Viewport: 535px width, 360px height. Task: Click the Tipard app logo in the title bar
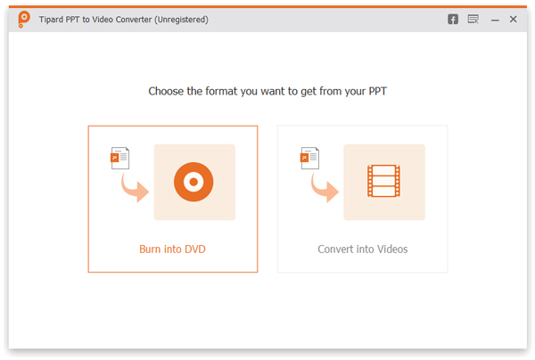[x=24, y=19]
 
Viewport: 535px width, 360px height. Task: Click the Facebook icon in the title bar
[x=453, y=20]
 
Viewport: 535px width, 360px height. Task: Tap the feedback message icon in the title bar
[x=473, y=19]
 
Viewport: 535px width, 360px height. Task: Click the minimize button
[x=495, y=20]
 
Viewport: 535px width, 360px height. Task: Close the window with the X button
[x=514, y=19]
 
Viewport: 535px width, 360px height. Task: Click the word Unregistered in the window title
[x=182, y=20]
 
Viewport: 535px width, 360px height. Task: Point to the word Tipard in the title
[x=51, y=20]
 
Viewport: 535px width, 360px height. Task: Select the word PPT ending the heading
[x=378, y=91]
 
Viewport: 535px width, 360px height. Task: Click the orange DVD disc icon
[x=193, y=182]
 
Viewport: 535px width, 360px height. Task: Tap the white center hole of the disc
[x=193, y=182]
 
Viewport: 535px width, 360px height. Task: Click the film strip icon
[x=383, y=181]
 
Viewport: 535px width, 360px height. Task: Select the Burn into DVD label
[x=172, y=250]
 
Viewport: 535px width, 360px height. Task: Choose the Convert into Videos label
[x=363, y=250]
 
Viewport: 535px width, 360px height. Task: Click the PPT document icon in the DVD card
[x=119, y=158]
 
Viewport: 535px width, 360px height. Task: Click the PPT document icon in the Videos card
[x=309, y=158]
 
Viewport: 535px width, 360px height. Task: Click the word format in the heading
[x=221, y=91]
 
